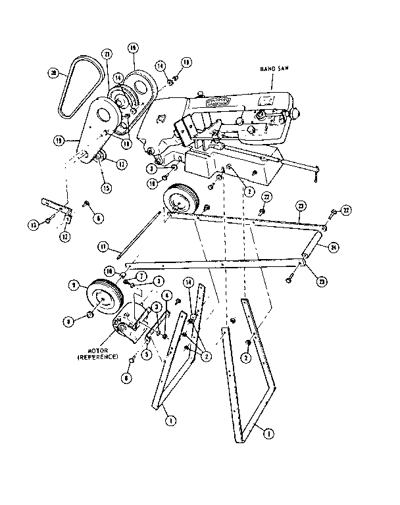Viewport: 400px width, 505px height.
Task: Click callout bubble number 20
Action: click(55, 74)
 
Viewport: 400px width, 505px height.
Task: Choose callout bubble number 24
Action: click(334, 247)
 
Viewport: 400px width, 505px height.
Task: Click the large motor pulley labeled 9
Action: click(101, 300)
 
